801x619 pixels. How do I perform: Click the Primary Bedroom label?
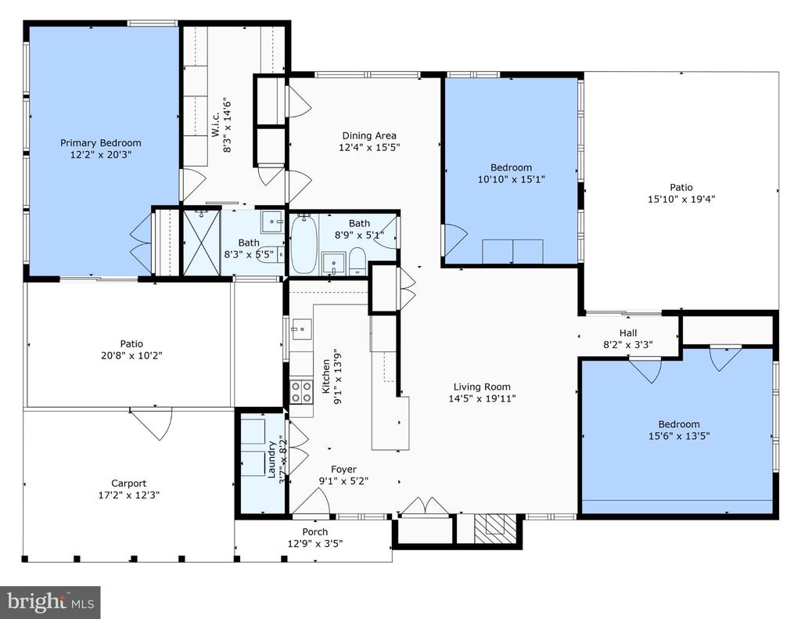coord(101,143)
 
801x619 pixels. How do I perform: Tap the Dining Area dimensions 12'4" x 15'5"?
coord(369,148)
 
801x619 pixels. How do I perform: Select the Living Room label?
coord(482,387)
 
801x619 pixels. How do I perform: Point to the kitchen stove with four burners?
coord(301,392)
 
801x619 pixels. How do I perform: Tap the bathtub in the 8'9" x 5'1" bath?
coord(304,244)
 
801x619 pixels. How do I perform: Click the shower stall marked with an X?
coord(201,243)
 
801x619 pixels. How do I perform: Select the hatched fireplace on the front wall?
coord(490,528)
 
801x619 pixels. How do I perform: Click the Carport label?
coord(129,483)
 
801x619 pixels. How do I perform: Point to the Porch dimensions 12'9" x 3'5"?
coord(315,544)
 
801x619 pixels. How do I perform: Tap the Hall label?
coord(628,333)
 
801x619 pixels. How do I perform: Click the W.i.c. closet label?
coord(216,124)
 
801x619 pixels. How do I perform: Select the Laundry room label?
coord(271,459)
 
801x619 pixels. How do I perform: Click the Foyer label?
coord(344,470)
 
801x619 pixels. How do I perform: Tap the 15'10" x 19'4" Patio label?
coord(681,188)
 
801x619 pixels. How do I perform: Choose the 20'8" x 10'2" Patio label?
coord(131,344)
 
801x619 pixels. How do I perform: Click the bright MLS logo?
coord(50,602)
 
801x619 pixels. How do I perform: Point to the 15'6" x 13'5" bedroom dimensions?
coord(679,437)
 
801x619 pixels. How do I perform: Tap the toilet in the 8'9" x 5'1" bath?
coord(357,261)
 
